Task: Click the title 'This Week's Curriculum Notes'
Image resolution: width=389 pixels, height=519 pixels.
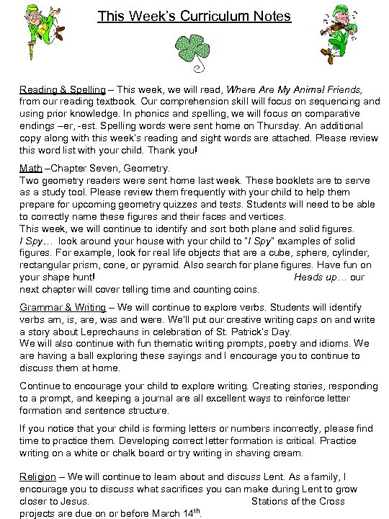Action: point(194,16)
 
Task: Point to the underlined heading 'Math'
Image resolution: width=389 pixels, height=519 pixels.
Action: point(31,168)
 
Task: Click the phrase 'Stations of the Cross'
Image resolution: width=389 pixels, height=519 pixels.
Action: point(298,500)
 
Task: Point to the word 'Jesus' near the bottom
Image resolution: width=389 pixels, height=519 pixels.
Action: point(72,500)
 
